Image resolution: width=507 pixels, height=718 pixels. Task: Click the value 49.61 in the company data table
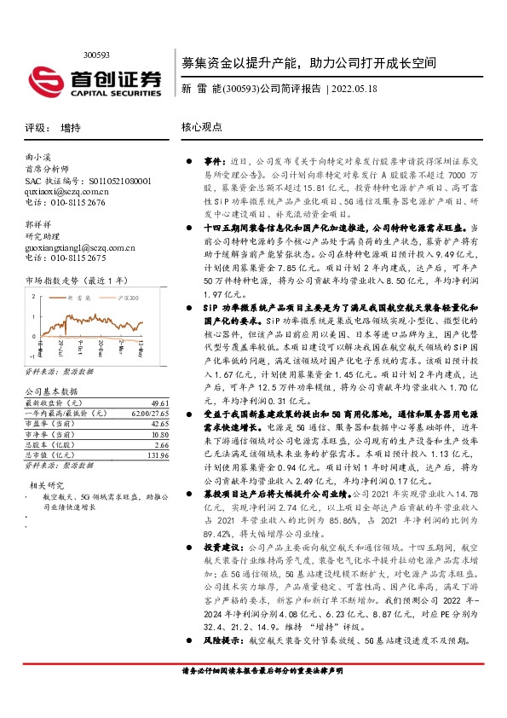click(x=158, y=402)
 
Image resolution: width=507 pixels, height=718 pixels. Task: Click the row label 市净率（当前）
click(x=49, y=435)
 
